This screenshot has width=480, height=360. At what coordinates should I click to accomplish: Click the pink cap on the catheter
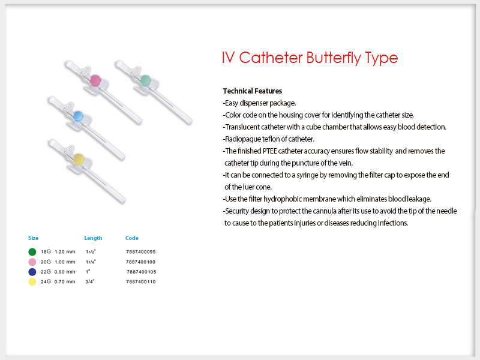click(x=95, y=80)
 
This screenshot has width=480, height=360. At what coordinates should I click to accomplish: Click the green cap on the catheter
click(x=145, y=80)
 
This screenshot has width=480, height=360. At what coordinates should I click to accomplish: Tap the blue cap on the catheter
click(x=79, y=116)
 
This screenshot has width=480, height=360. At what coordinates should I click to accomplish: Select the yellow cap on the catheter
click(x=79, y=160)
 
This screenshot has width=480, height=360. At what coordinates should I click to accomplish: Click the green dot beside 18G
click(x=32, y=252)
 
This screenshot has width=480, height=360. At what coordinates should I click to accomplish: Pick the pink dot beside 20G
click(x=32, y=262)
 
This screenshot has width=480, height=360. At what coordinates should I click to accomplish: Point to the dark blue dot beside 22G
click(x=32, y=272)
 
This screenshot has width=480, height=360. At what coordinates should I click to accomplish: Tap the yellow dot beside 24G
click(x=32, y=282)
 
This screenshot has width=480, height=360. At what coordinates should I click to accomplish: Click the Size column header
click(x=34, y=238)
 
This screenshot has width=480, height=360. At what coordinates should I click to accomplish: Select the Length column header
click(x=93, y=238)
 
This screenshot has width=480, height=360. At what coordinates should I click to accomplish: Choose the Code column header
click(x=132, y=238)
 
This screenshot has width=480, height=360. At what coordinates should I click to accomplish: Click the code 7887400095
click(x=141, y=251)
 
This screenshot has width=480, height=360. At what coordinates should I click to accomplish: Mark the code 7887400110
click(x=141, y=281)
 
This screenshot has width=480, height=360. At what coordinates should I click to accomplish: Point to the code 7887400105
click(x=142, y=272)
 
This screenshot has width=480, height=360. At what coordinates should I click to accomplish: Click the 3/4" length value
click(x=90, y=281)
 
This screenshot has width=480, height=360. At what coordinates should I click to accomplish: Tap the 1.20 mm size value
click(x=65, y=251)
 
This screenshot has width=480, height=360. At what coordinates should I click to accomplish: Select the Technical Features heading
click(x=253, y=91)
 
